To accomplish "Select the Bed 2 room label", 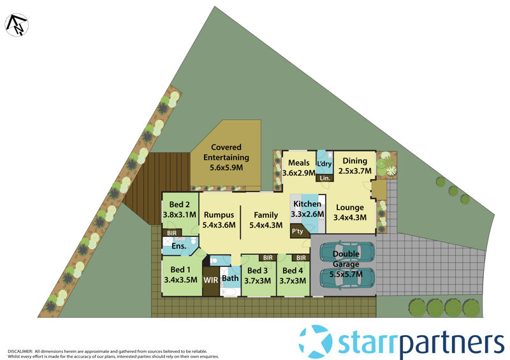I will pos(178,205).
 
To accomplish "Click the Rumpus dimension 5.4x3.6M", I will pos(219,225).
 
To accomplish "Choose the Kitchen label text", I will pos(307,204).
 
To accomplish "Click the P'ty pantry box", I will pos(297,232).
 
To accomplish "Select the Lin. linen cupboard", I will pos(325,178).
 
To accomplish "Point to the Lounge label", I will pos(350,207).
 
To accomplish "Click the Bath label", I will pos(229,278).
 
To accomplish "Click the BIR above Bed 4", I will pos(298,258).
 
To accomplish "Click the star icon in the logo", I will pos(316,341).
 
